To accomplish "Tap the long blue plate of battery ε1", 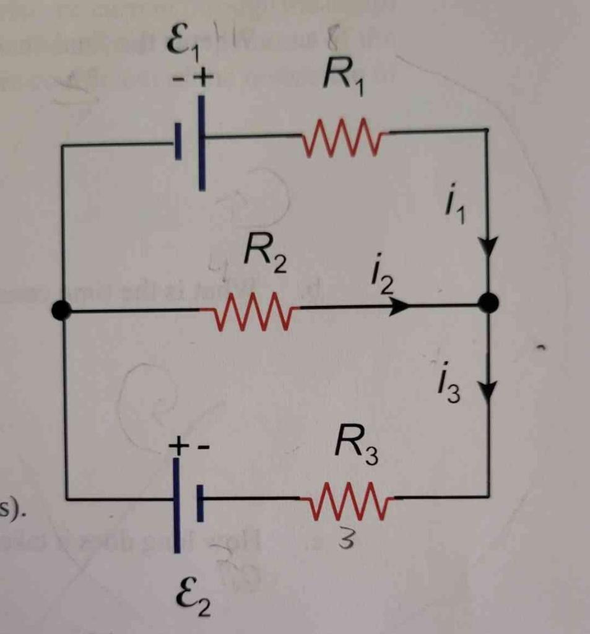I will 202,142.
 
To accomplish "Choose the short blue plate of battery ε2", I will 200,503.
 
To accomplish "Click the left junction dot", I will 61,310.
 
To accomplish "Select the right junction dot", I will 488,303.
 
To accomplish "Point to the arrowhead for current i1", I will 488,248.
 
